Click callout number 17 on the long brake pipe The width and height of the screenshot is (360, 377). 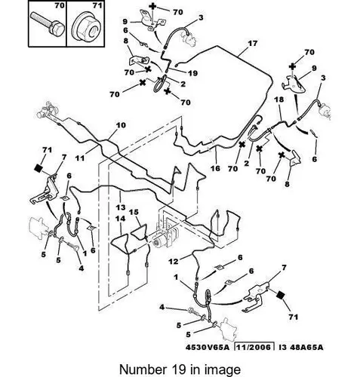(x=253, y=44)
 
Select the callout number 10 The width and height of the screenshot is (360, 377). (x=121, y=125)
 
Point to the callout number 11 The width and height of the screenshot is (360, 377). (x=80, y=158)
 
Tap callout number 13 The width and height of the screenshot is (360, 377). (x=121, y=207)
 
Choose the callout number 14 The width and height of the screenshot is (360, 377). (x=121, y=219)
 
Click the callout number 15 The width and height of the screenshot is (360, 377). (x=134, y=212)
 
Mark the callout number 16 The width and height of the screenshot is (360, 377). (x=215, y=168)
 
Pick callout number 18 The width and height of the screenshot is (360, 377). (x=278, y=100)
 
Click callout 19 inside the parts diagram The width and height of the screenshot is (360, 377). (x=192, y=73)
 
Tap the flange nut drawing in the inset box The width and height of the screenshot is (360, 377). (x=85, y=28)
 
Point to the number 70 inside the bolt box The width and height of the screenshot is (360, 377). (x=60, y=5)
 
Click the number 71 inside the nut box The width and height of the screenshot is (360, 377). (x=97, y=5)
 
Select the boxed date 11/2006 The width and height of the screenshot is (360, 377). (x=254, y=347)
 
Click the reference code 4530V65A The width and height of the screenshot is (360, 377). (x=208, y=348)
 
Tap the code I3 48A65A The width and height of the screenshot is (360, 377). (x=301, y=348)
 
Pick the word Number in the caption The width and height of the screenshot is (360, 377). (x=143, y=369)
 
